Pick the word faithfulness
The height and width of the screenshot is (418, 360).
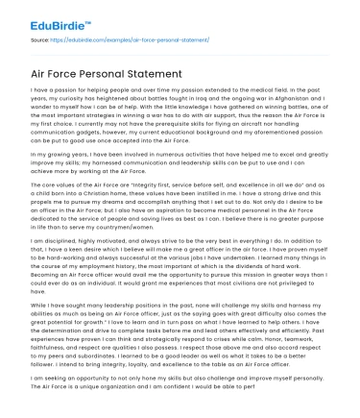[43, 347]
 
